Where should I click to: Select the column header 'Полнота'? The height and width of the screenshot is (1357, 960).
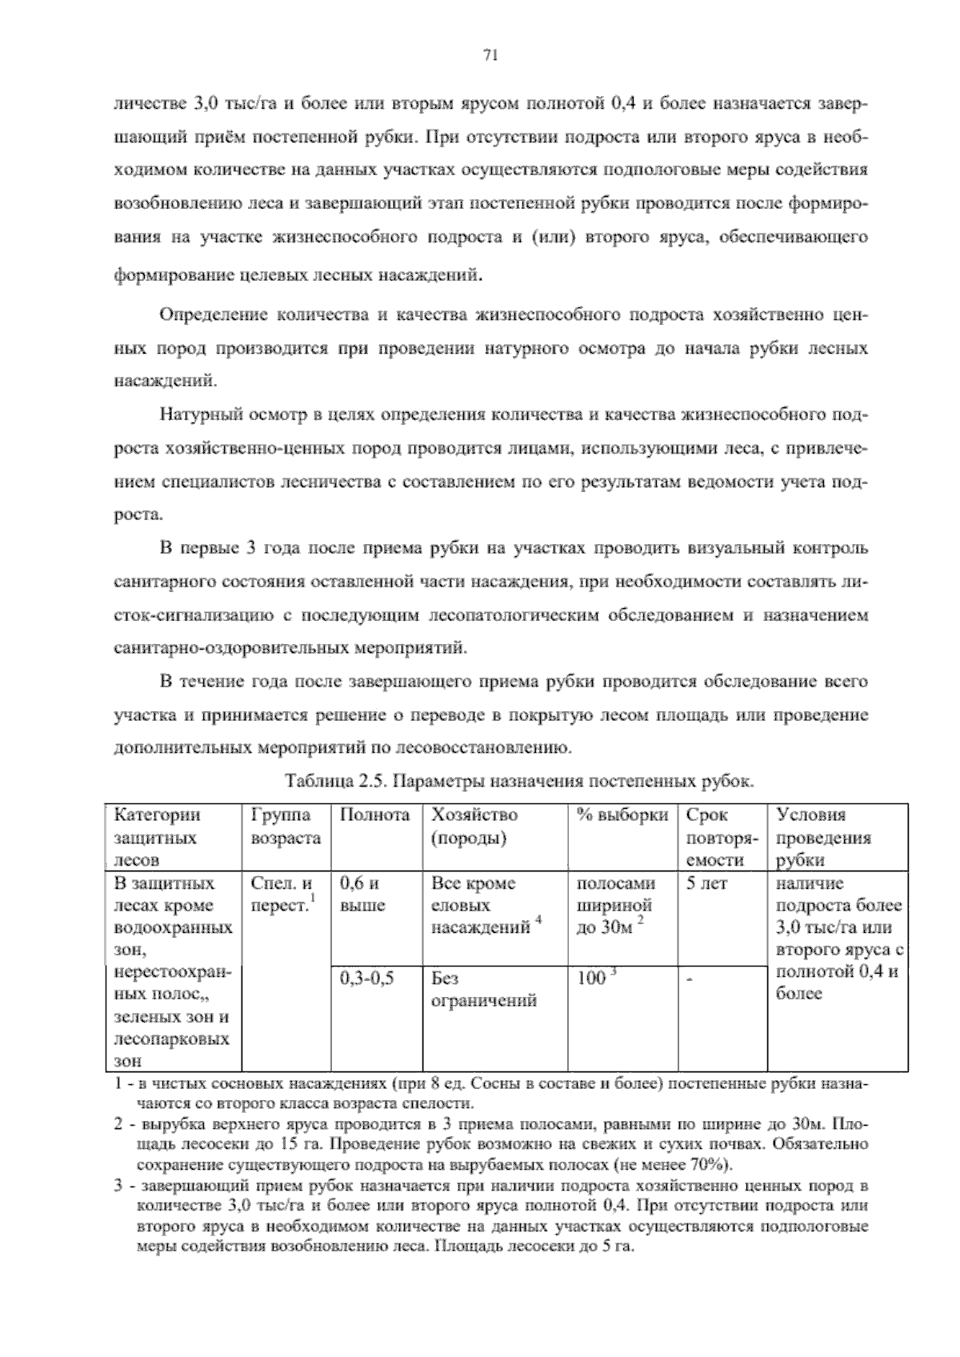click(374, 815)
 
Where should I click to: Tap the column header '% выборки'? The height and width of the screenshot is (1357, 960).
click(622, 815)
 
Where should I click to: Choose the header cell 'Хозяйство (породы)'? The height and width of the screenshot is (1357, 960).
click(474, 827)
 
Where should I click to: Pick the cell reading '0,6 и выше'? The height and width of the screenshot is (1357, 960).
click(362, 895)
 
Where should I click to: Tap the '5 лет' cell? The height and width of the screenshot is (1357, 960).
click(706, 884)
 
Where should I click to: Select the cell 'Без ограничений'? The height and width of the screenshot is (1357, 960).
click(483, 989)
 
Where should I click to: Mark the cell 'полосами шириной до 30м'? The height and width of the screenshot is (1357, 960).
click(615, 906)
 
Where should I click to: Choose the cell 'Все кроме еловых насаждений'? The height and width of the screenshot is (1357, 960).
click(483, 906)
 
